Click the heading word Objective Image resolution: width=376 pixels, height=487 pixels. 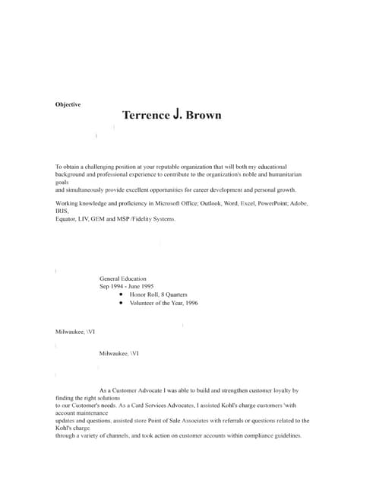click(68, 104)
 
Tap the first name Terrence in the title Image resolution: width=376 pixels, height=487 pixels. click(146, 116)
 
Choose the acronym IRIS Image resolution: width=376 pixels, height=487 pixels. click(62, 212)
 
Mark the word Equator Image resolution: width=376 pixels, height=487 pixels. click(66, 219)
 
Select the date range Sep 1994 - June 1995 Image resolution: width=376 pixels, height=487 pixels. click(126, 287)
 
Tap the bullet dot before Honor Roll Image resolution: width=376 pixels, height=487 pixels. click(122, 294)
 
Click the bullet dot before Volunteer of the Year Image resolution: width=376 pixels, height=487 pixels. click(122, 303)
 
